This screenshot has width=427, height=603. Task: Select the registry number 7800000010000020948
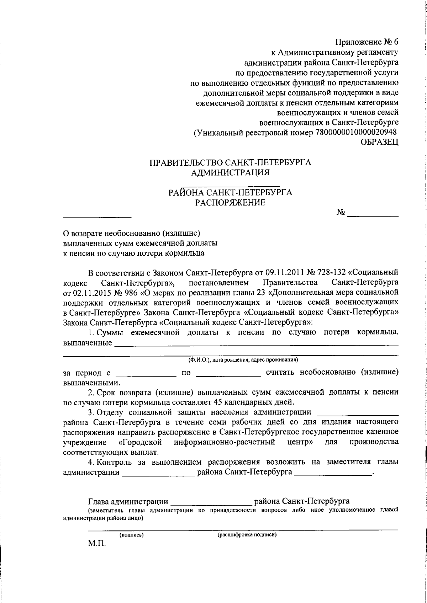tap(356, 133)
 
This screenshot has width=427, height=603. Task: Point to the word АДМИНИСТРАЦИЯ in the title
tap(230, 173)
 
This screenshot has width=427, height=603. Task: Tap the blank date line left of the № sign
tap(97, 215)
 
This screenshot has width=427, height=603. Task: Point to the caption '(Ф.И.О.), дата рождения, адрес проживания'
tap(243, 359)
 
